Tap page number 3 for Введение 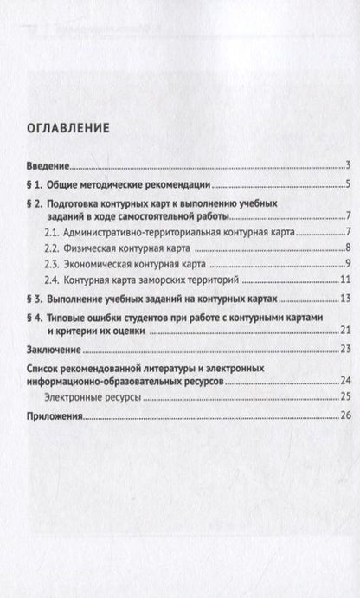(345, 165)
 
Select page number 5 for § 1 (345, 184)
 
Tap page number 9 (345, 263)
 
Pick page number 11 (344, 279)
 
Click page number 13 (344, 299)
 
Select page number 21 (344, 331)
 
